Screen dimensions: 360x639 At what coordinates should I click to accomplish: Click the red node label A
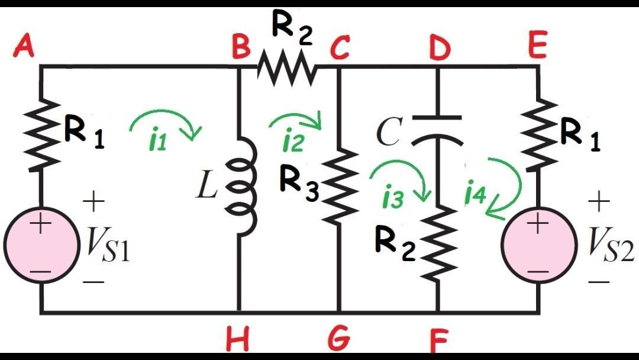coord(24,46)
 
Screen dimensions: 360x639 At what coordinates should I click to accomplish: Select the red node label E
coord(537,46)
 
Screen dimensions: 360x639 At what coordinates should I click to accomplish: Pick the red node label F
coord(438,340)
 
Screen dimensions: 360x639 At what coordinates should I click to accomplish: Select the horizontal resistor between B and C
coord(288,66)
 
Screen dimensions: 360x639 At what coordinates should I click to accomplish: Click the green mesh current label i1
coord(156,142)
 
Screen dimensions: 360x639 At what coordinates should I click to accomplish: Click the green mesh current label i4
coord(475,193)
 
